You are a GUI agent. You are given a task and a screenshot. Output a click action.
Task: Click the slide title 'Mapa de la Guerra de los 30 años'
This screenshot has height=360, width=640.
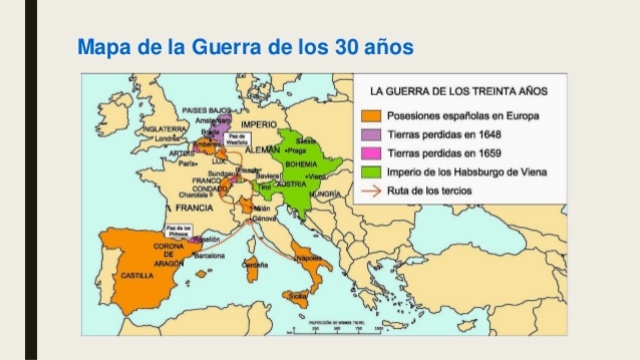pyautogui.click(x=246, y=47)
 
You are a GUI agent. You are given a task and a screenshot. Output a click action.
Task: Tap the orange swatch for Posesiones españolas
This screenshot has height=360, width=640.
pyautogui.click(x=371, y=116)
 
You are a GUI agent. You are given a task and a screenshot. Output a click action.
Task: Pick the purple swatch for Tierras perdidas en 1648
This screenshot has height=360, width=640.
pyautogui.click(x=371, y=134)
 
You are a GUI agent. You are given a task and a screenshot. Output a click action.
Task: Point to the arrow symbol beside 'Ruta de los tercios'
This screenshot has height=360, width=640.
pyautogui.click(x=371, y=190)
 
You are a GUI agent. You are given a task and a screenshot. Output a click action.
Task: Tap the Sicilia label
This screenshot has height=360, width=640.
pyautogui.click(x=297, y=296)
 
